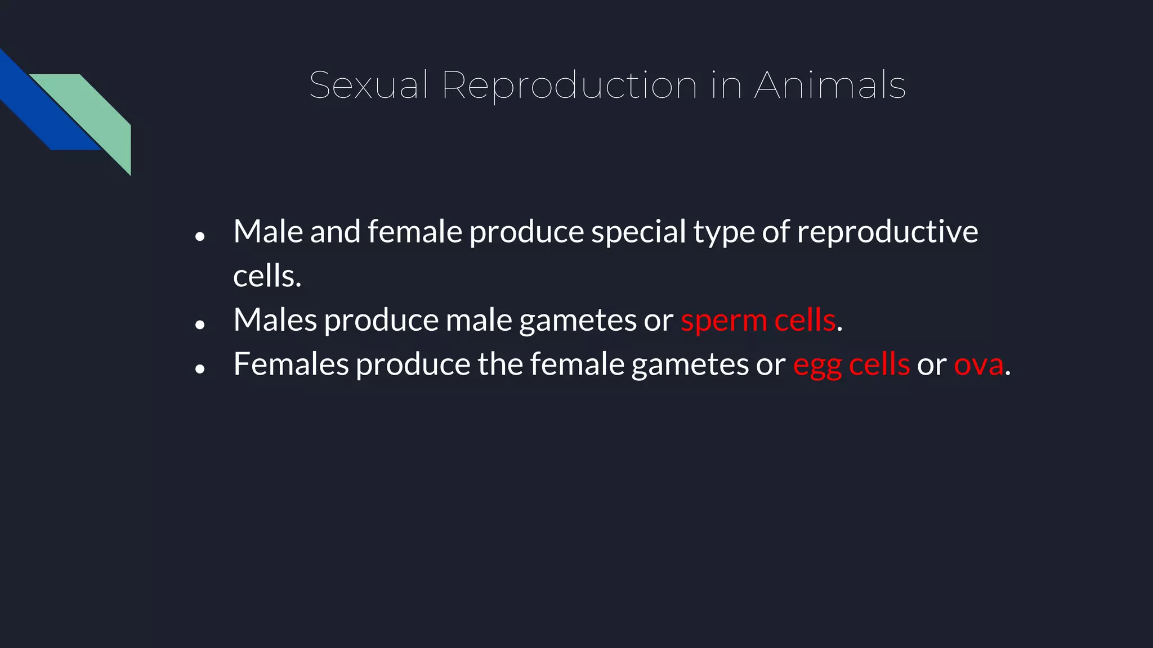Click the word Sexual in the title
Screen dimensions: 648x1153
click(x=369, y=85)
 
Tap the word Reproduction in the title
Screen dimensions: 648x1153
click(x=569, y=85)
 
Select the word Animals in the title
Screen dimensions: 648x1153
click(x=830, y=85)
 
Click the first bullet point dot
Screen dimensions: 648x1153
click(x=200, y=237)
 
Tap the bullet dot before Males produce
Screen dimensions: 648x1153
click(x=200, y=325)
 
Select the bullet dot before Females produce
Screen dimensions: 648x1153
click(x=200, y=369)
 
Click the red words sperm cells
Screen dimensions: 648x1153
click(x=758, y=321)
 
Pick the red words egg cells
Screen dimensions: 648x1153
click(x=851, y=365)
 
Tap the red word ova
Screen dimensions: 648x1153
click(x=978, y=365)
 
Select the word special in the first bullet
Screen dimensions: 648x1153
click(x=638, y=232)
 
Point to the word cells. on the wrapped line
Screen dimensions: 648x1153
click(x=267, y=276)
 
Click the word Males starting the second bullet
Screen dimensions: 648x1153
click(x=275, y=320)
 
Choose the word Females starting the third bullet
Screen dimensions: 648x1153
click(x=291, y=364)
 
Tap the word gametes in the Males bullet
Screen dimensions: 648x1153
click(x=578, y=321)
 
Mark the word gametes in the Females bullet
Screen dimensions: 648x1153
click(x=690, y=365)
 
